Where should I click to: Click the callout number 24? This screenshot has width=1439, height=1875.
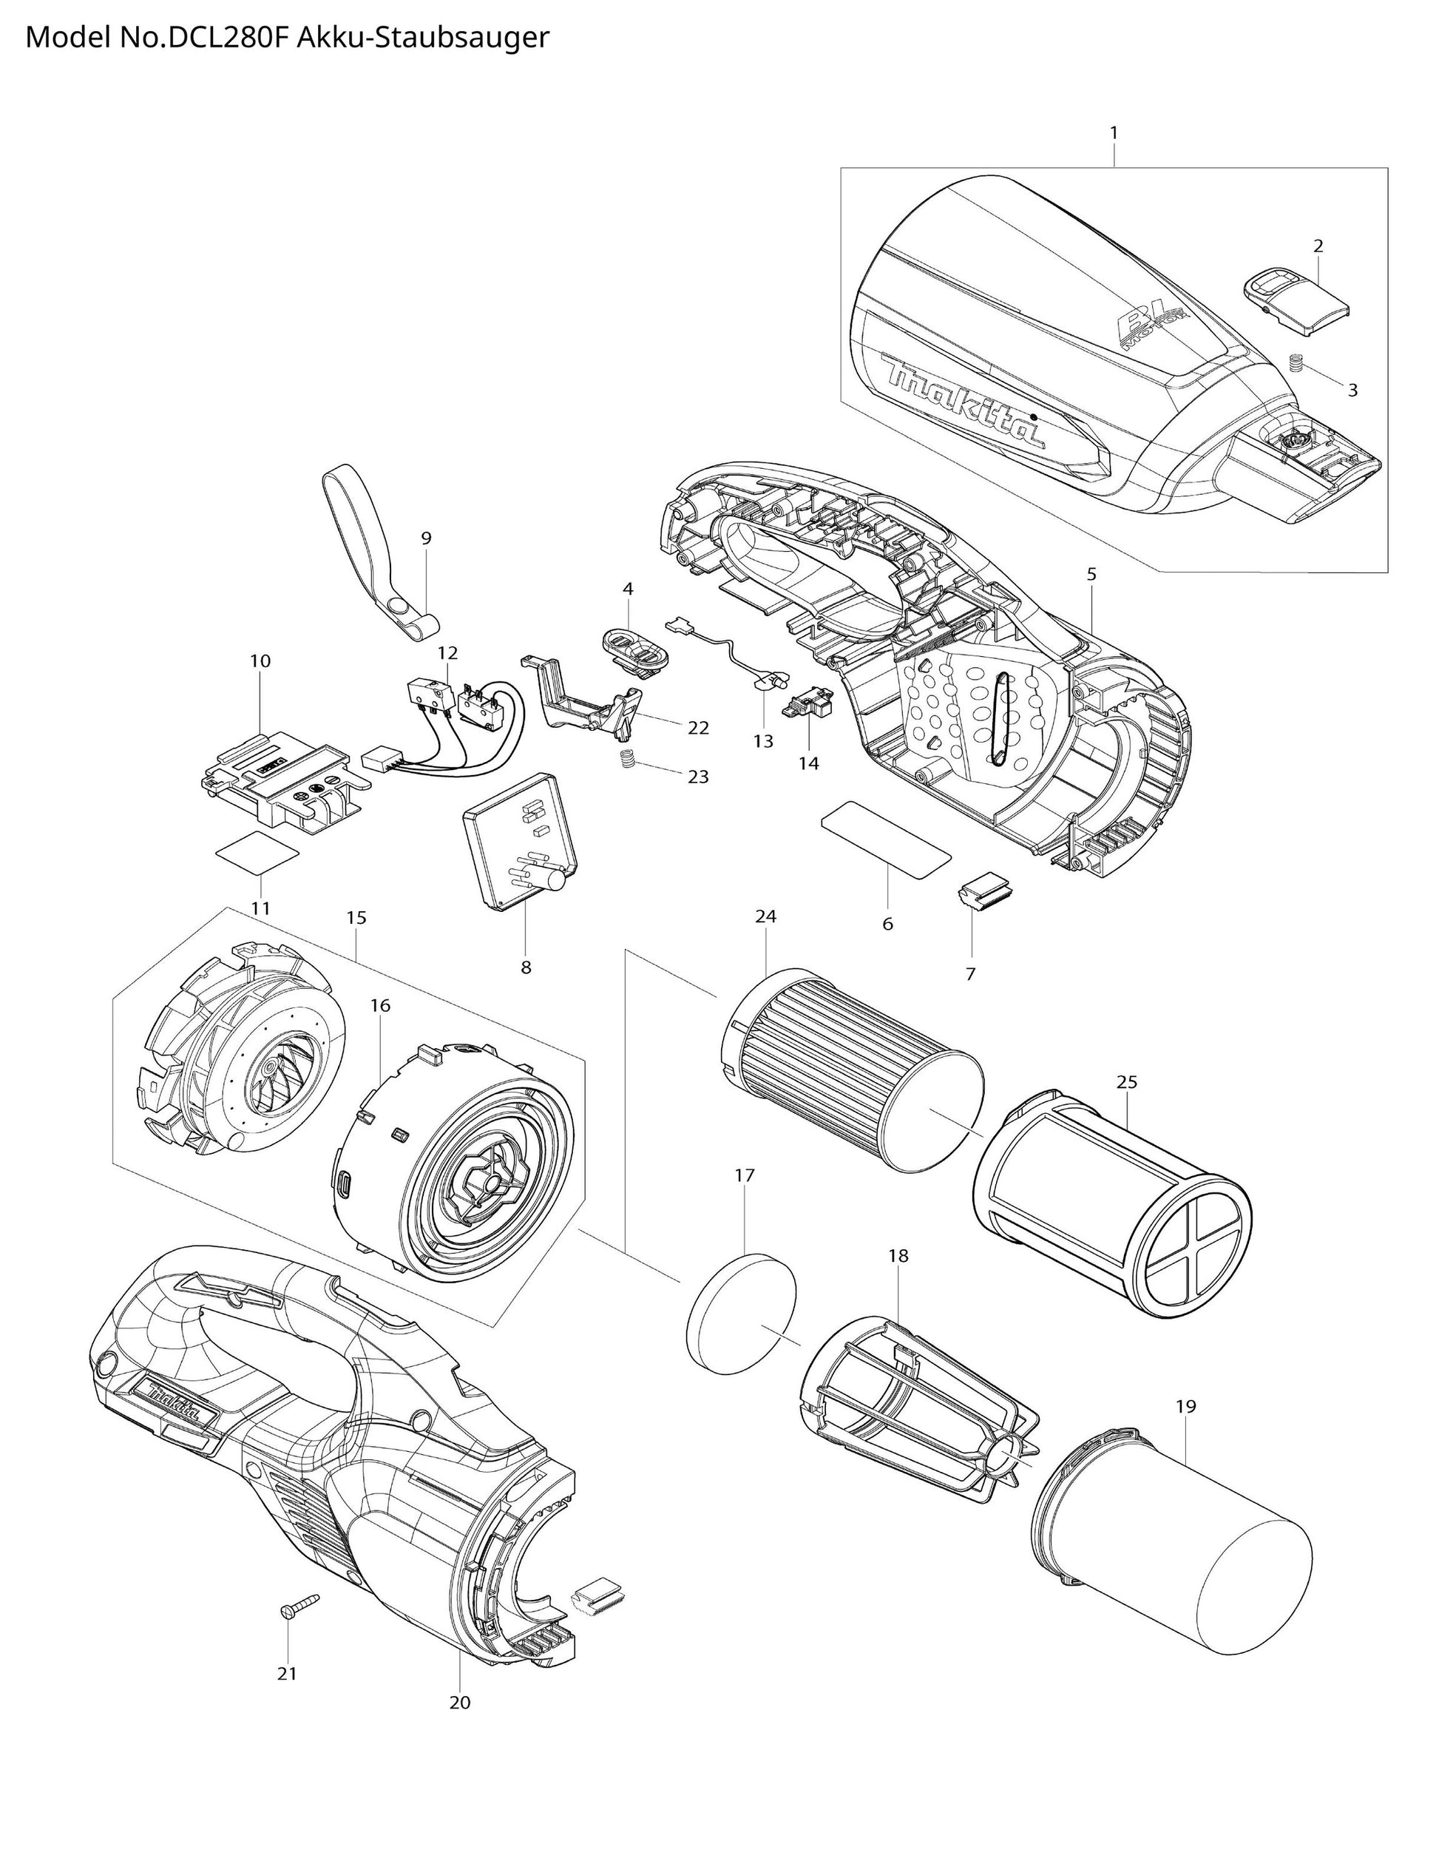tap(766, 916)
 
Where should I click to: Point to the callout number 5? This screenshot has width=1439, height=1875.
tap(1091, 574)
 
